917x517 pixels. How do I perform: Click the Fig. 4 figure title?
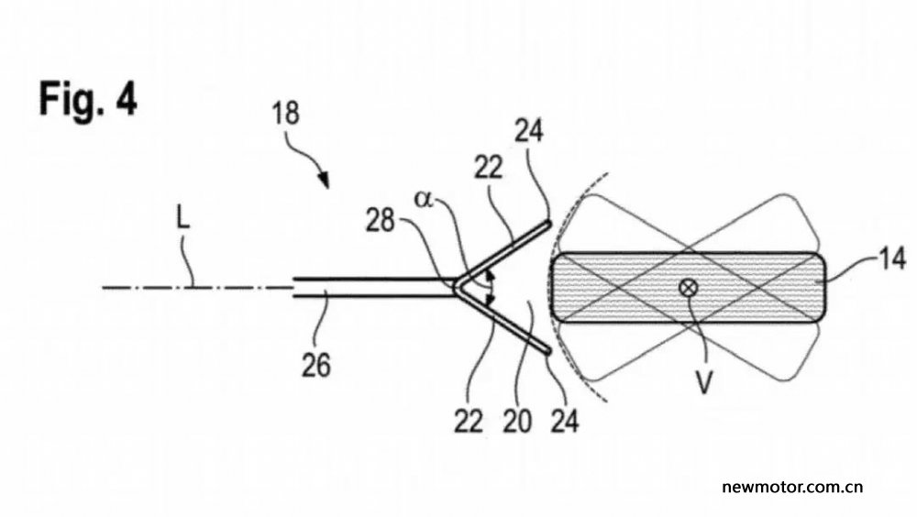click(x=88, y=98)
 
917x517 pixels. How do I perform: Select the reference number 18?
click(x=285, y=114)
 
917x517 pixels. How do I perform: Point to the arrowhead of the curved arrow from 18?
click(x=324, y=181)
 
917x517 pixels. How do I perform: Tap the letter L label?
click(x=183, y=219)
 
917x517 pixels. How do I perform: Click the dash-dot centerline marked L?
click(x=198, y=287)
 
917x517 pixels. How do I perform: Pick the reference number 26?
click(x=315, y=366)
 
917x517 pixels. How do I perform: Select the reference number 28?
click(x=381, y=222)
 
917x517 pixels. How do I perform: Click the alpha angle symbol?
click(x=424, y=199)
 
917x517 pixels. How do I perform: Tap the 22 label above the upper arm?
click(x=488, y=169)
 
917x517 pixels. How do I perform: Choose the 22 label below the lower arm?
click(x=469, y=421)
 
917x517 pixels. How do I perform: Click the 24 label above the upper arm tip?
click(x=529, y=131)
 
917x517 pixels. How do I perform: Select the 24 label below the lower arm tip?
click(x=565, y=421)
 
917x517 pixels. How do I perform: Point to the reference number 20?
click(x=517, y=421)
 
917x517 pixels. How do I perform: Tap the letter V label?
click(x=704, y=384)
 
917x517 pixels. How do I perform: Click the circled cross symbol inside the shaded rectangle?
click(x=689, y=287)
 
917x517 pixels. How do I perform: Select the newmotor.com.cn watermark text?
click(x=792, y=487)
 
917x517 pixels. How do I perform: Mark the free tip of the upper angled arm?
click(x=548, y=223)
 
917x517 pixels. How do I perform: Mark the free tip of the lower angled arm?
click(x=547, y=351)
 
